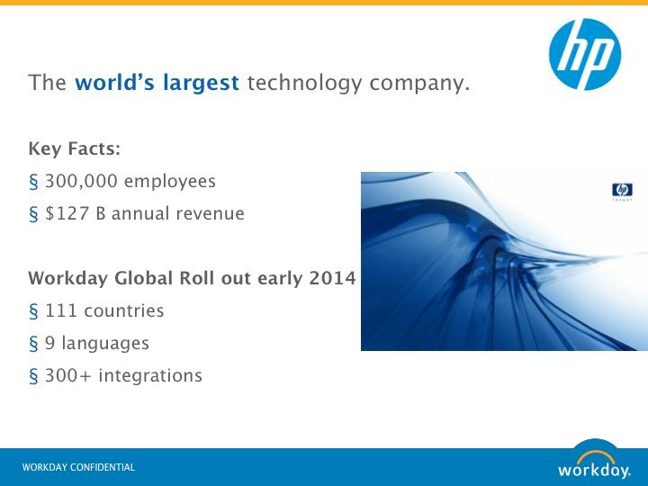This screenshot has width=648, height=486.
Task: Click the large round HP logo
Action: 585,54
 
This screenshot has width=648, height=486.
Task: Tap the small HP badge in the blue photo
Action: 622,190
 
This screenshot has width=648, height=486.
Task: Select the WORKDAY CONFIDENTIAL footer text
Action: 78,467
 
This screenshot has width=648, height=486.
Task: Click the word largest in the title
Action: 201,83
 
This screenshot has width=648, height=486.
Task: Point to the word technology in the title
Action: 304,83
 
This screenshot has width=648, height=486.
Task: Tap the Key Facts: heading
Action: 75,148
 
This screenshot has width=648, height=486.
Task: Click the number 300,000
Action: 81,182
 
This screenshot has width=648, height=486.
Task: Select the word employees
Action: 170,182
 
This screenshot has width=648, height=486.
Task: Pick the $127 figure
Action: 67,213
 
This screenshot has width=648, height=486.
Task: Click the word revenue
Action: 210,214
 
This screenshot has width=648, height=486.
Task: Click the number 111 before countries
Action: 61,310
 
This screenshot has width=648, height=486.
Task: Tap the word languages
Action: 105,344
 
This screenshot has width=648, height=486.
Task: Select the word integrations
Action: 150,375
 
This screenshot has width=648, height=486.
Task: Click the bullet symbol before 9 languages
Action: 33,344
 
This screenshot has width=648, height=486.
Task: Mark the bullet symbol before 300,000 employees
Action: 33,182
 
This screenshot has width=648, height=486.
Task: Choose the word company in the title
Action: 419,84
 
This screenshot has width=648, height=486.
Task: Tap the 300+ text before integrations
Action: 67,375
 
